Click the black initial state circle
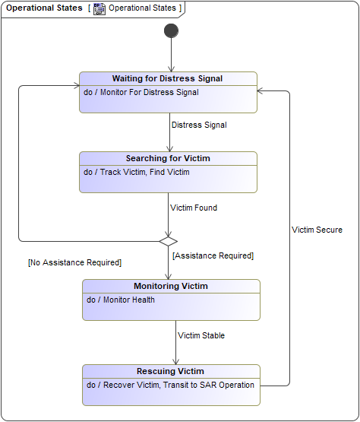[x=171, y=30]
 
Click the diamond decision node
[x=169, y=241]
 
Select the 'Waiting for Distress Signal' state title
[x=168, y=78]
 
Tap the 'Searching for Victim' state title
[x=168, y=158]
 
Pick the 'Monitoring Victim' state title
[x=171, y=286]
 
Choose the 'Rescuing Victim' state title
[x=170, y=371]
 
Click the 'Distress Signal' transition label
[x=199, y=125]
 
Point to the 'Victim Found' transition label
[x=194, y=207]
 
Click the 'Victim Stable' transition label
[x=201, y=335]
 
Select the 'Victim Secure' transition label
[x=317, y=230]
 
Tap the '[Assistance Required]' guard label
[x=213, y=255]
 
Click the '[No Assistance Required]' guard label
[x=74, y=262]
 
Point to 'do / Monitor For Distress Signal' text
[x=141, y=92]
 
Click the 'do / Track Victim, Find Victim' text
[x=137, y=172]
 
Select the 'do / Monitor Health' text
[x=121, y=300]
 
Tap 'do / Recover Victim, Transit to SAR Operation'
[x=170, y=385]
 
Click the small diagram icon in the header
[x=99, y=8]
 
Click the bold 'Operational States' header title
[x=44, y=8]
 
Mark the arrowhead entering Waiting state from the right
[x=261, y=90]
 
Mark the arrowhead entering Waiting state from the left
[x=76, y=86]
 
